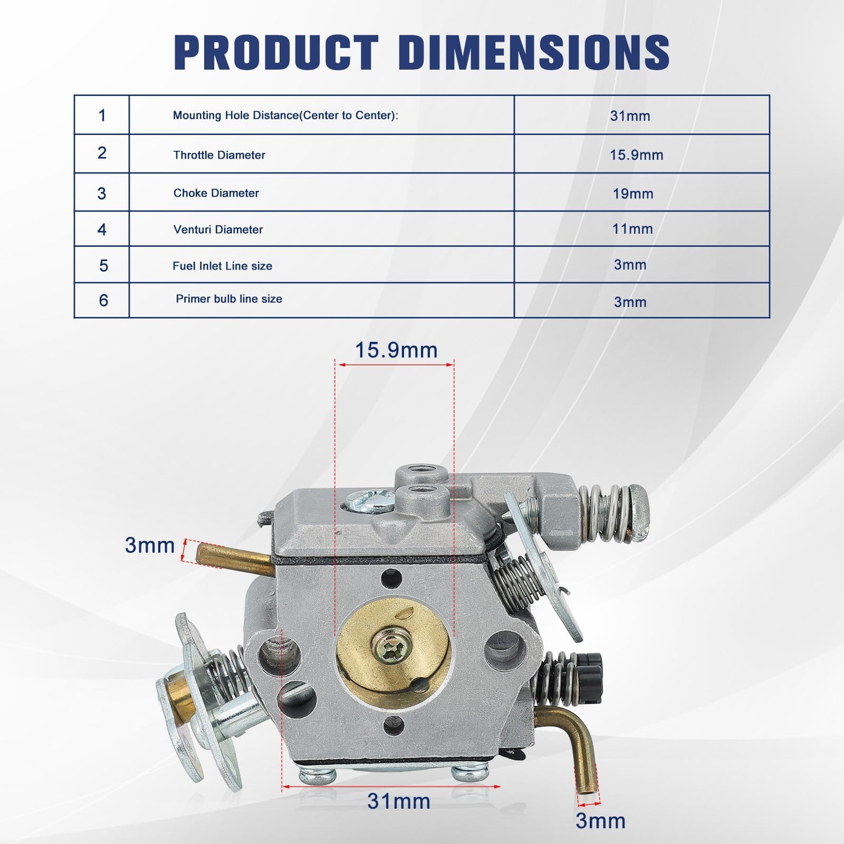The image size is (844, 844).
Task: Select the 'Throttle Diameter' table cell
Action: point(322,154)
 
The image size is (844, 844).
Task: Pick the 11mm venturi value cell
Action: point(642,229)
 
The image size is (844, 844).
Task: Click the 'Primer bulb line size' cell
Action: point(322,300)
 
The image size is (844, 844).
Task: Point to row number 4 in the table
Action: point(102,229)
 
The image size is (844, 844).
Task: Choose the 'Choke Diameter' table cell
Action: point(322,193)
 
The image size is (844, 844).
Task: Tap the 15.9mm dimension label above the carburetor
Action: point(396,350)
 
